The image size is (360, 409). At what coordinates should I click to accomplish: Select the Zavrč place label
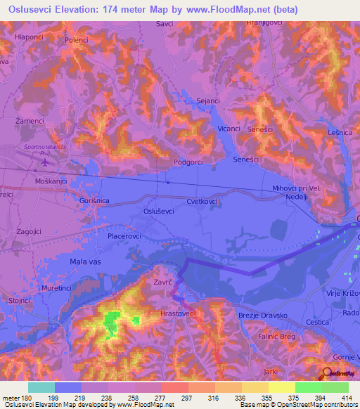pyautogui.click(x=164, y=283)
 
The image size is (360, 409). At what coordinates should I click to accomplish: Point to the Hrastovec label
pyautogui.click(x=179, y=314)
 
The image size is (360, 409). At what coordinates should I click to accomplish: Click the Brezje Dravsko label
pyautogui.click(x=263, y=316)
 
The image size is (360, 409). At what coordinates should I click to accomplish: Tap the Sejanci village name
pyautogui.click(x=208, y=101)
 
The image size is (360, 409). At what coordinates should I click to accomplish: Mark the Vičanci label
pyautogui.click(x=229, y=129)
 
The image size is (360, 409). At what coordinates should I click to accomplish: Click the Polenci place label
pyautogui.click(x=77, y=40)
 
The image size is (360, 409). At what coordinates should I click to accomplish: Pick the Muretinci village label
pyautogui.click(x=57, y=288)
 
